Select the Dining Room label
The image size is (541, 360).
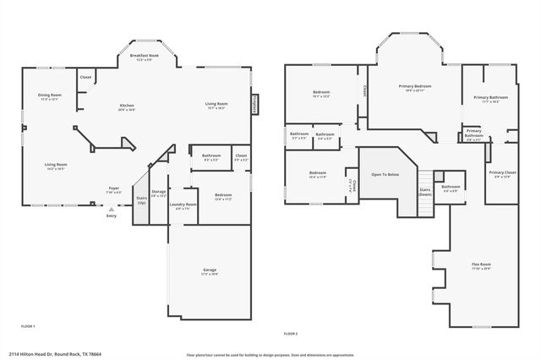[x=50, y=96]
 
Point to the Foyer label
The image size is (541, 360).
[x=114, y=188]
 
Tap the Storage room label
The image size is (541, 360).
[x=159, y=194]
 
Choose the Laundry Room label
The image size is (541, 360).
[x=183, y=205]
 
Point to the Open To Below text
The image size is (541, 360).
[x=385, y=174]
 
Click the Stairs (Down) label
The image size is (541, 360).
[x=425, y=192]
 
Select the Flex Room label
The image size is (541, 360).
[x=481, y=265]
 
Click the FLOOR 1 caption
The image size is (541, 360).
[x=28, y=325]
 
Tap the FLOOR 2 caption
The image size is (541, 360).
[x=291, y=332]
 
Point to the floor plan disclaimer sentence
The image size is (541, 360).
[x=270, y=353]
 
